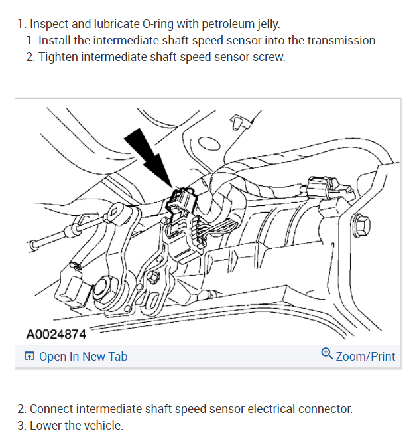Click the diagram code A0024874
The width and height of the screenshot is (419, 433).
56,335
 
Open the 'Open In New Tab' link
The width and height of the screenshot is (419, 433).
83,357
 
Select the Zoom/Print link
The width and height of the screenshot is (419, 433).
365,357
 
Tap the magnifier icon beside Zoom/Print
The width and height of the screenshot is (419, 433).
326,354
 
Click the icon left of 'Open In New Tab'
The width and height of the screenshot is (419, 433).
30,357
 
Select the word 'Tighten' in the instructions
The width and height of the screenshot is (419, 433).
58,57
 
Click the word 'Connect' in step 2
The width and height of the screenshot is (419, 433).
51,409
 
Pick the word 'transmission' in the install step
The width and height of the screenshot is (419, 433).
341,41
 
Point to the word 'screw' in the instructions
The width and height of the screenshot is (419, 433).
270,57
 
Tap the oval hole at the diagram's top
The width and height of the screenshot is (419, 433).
208,143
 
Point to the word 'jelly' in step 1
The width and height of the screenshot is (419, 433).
265,24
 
